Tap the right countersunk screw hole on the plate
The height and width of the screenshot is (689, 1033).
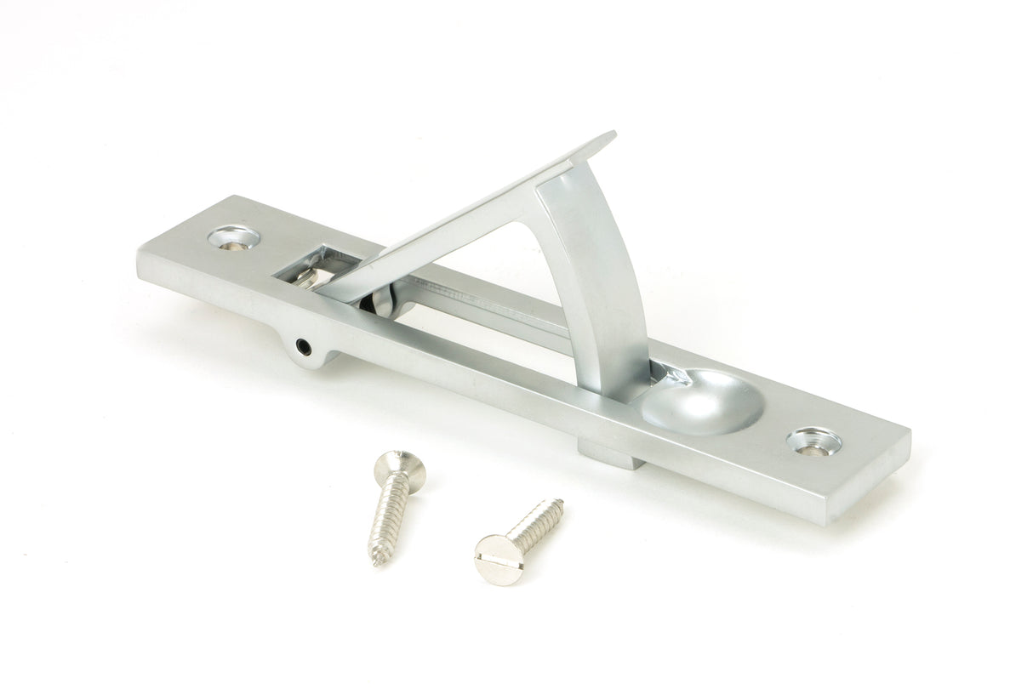(x=813, y=441)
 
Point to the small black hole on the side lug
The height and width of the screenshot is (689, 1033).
(x=301, y=345)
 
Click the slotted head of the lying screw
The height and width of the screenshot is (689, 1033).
(x=497, y=559)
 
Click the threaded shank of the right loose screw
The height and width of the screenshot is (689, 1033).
(x=536, y=521)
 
